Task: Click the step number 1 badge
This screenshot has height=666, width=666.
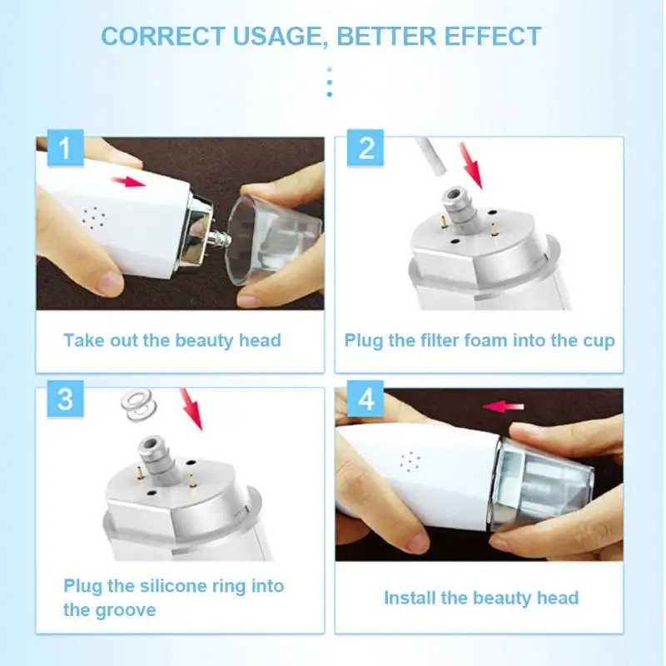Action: click(65, 147)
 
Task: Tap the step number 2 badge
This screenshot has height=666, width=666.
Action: click(365, 147)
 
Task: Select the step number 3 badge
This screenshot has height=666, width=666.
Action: click(65, 399)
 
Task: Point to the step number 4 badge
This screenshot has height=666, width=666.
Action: click(365, 399)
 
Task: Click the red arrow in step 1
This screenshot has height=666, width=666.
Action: click(129, 181)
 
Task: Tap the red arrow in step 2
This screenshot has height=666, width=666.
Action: click(471, 166)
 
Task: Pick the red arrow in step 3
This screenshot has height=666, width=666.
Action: click(191, 410)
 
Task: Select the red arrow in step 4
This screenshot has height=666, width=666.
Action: click(504, 406)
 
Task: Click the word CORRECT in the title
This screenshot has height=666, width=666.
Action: click(163, 36)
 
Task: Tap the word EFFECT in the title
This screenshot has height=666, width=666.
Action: click(493, 36)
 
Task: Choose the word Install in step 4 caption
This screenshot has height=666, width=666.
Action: click(410, 598)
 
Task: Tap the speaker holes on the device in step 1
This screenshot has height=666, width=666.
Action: click(93, 218)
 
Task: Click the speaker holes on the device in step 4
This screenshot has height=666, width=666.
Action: click(410, 462)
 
